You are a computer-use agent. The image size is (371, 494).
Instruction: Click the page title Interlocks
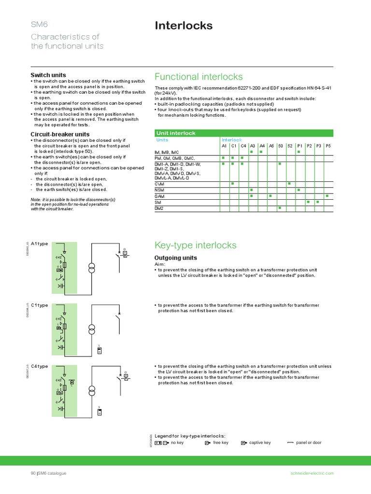tap(184, 26)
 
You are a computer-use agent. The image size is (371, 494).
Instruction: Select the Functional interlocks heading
tap(199, 77)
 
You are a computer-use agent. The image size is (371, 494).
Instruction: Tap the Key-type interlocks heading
tap(195, 245)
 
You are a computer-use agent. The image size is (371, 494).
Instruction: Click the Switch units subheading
tap(48, 75)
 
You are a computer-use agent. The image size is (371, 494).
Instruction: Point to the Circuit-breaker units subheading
tap(60, 134)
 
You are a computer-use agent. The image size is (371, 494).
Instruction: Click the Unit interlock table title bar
tap(243, 133)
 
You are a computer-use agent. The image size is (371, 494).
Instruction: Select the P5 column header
tap(328, 146)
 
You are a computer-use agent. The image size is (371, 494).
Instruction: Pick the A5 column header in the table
tap(271, 146)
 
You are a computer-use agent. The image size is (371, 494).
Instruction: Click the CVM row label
tap(159, 184)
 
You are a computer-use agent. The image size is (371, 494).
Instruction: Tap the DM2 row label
tap(159, 208)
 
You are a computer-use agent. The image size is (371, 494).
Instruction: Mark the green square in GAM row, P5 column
tap(328, 196)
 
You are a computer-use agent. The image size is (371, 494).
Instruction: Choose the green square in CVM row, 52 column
tap(289, 184)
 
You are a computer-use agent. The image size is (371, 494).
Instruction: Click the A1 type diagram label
tap(40, 244)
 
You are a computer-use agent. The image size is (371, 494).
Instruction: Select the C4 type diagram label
tap(40, 366)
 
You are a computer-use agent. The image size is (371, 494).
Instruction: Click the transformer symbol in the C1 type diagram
tap(91, 329)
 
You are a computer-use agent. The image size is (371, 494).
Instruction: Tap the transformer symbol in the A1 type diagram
tap(91, 268)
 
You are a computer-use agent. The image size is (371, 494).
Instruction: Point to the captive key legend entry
tap(256, 442)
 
